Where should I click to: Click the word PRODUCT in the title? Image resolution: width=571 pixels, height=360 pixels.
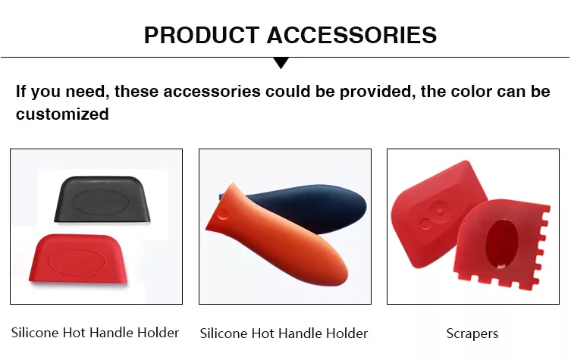[x=202, y=36]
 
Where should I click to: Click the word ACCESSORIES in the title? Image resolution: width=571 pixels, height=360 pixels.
[x=352, y=36]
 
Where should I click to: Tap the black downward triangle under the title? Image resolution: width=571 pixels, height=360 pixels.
[x=281, y=63]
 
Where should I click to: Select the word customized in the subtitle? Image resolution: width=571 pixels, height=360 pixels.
[x=62, y=114]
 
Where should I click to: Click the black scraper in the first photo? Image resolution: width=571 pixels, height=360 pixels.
[x=102, y=199]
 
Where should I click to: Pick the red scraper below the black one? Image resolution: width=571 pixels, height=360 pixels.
[x=78, y=258]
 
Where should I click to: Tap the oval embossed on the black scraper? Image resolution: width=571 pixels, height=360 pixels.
[x=102, y=201]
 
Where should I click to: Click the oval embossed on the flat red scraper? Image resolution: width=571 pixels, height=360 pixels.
[x=77, y=261]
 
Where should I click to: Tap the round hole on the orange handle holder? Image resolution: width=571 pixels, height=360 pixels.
[x=222, y=214]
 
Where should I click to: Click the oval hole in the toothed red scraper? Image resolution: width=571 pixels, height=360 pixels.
[x=502, y=244]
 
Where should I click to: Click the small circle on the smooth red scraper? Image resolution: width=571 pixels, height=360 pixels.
[x=425, y=224]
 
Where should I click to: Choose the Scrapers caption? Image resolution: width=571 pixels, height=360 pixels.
[x=472, y=333]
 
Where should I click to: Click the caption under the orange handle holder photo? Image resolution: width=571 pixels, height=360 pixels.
[x=284, y=333]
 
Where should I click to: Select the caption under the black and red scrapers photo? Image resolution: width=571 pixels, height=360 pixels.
[x=95, y=333]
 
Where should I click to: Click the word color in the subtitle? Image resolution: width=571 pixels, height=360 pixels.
[x=471, y=91]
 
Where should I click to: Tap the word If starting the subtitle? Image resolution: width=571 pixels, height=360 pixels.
[x=20, y=91]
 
